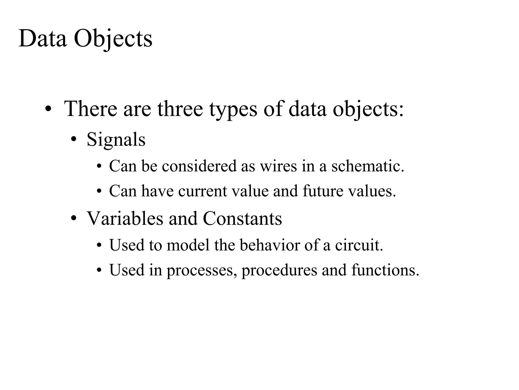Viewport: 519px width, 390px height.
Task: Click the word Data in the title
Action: point(43,39)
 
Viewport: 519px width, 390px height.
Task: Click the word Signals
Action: point(116,140)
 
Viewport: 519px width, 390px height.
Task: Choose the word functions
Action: point(385,270)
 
